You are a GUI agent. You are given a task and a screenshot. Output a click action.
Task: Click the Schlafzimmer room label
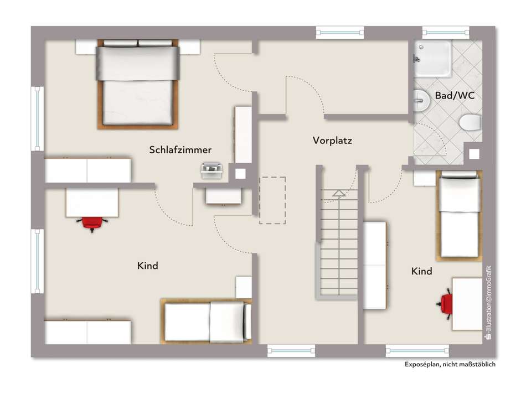coord(180,150)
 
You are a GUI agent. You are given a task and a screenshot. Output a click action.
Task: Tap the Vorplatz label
coord(332,141)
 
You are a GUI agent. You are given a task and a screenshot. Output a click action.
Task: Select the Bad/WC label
coord(455,96)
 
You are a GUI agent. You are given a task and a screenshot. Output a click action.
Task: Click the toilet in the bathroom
coord(471,122)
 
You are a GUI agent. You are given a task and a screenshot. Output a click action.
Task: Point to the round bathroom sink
coord(421,100)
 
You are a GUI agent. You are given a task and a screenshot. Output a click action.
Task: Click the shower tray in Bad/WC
coord(433,59)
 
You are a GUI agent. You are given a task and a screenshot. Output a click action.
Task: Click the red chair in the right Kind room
coord(445,303)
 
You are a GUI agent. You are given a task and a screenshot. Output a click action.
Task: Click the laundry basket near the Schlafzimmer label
coord(212,170)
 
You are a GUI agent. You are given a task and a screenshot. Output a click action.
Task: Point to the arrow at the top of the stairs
coord(339,193)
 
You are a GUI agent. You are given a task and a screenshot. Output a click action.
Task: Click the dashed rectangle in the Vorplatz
coord(272,200)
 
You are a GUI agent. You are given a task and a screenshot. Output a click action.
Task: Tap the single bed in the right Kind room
coord(459,216)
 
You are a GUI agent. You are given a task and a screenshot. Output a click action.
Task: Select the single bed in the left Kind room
coord(206,322)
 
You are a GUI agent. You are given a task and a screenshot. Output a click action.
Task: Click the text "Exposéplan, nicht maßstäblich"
coord(450,365)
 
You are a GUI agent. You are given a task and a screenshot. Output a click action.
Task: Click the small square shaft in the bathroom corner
coord(474,154)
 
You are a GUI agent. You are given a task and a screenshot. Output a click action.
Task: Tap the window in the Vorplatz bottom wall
coord(291,351)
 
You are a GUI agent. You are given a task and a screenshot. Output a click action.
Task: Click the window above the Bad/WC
coord(446,32)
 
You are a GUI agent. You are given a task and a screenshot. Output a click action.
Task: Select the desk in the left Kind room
coord(92,203)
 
